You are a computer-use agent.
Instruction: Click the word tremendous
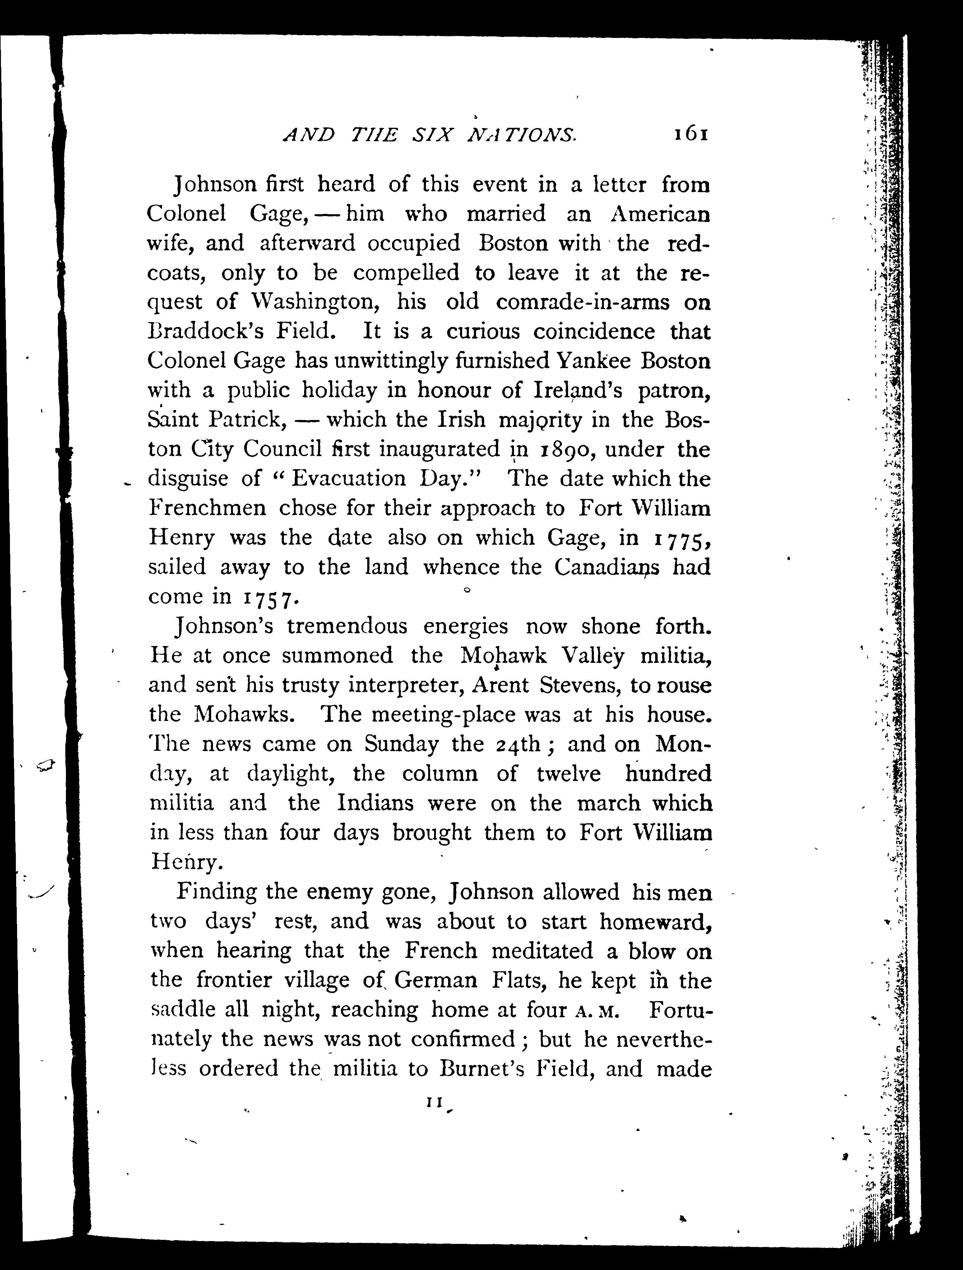347,626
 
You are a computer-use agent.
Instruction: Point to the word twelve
568,774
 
